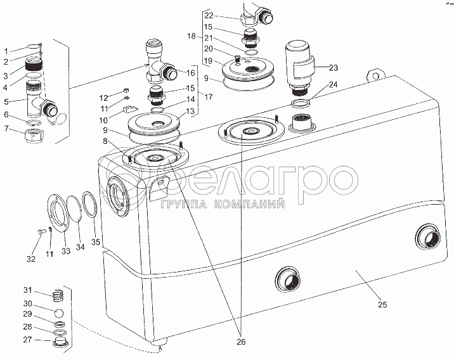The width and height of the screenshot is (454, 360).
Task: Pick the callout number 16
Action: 191,73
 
